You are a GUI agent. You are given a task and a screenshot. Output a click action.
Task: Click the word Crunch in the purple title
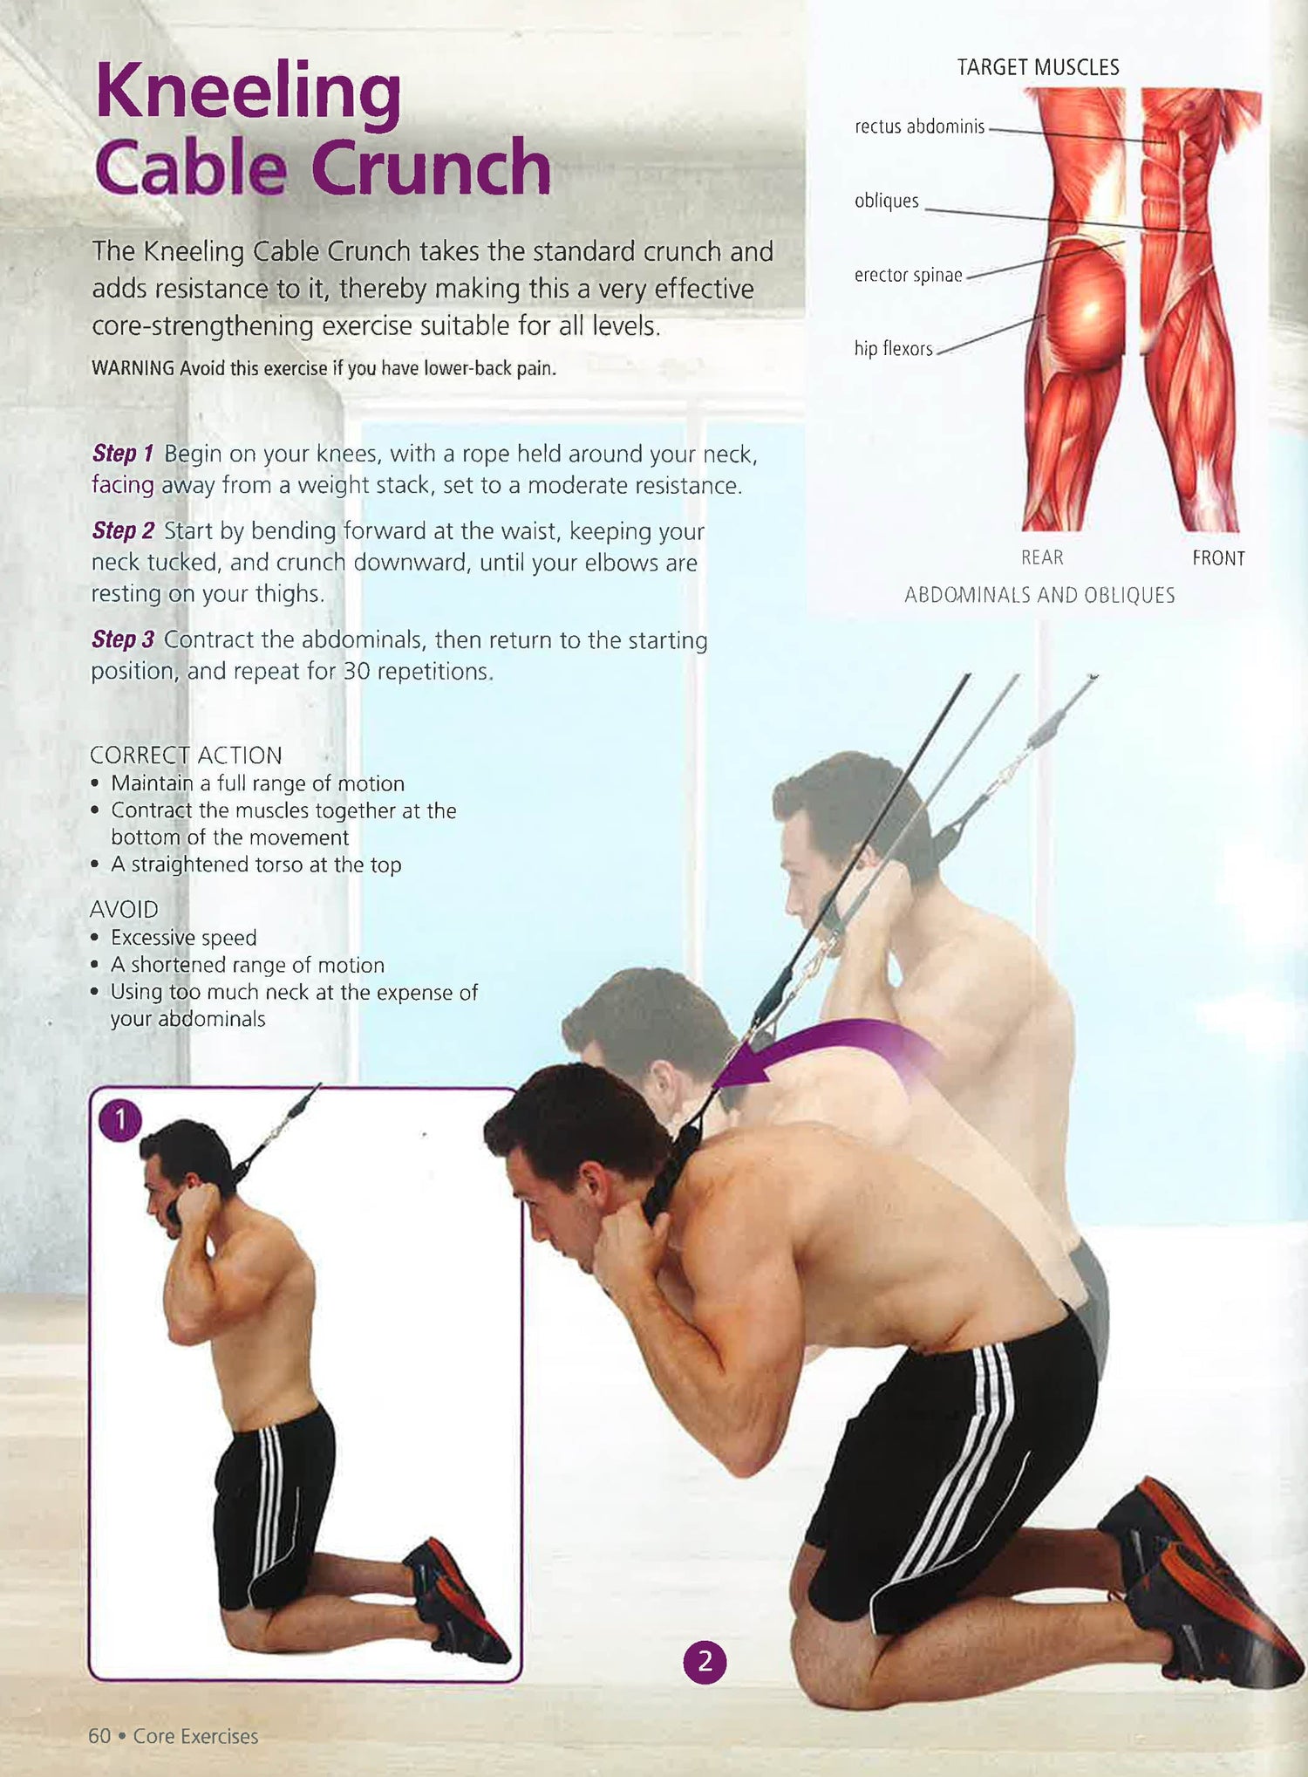432,167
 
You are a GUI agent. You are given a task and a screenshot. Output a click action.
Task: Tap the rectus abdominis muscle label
920,126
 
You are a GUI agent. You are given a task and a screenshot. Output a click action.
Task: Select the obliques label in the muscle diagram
887,201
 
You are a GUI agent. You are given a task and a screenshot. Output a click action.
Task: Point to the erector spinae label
909,275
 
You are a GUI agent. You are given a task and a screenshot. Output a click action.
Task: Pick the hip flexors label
894,349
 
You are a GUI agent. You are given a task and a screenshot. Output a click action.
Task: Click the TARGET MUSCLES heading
1038,67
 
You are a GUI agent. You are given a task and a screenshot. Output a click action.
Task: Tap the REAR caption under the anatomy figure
1042,557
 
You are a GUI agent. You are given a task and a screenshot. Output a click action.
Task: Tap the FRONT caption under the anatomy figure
1218,558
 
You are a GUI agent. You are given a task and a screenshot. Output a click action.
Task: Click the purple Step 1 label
123,454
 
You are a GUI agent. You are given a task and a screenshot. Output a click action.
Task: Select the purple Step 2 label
123,530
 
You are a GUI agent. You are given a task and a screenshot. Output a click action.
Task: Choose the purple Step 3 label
123,639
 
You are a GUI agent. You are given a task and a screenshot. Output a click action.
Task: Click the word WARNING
133,368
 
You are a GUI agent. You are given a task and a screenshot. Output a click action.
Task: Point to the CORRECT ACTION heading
186,755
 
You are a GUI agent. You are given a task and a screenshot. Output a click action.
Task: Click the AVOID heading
124,909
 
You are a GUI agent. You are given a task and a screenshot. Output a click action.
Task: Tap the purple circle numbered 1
119,1120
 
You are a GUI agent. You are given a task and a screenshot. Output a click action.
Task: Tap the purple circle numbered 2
705,1662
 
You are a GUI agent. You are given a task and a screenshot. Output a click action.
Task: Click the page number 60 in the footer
99,1736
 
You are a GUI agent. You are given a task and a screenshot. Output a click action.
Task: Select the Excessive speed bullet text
184,938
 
